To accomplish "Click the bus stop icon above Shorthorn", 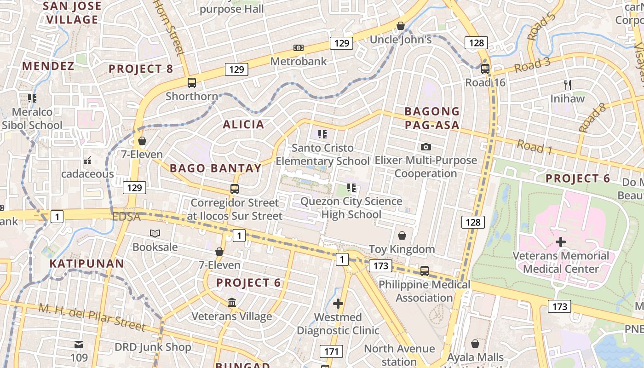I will click(192, 83).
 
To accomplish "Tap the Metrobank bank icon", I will click(299, 48).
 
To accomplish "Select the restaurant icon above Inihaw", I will click(568, 85).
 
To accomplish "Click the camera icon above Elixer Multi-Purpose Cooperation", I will click(426, 147).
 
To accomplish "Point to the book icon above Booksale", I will click(155, 234).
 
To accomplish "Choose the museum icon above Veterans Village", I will click(232, 303).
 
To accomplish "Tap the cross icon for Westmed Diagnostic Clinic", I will click(338, 304).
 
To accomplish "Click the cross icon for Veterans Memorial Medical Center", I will click(561, 242).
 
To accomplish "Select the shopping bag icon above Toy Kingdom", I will click(402, 236).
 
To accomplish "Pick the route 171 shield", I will click(331, 352).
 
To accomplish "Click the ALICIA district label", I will click(244, 124).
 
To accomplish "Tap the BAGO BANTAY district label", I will click(216, 168).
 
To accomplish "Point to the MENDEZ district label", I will click(48, 66).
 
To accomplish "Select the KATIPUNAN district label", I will click(86, 264).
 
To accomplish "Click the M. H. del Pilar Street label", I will click(92, 317).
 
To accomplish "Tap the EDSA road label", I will click(126, 217).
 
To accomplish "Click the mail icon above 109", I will click(79, 344).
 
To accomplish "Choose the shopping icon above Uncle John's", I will click(401, 26).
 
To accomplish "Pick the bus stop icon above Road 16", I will click(485, 69).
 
